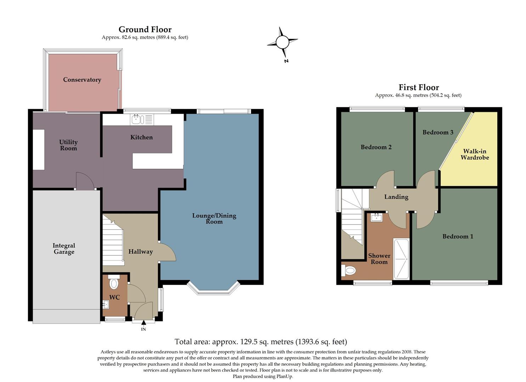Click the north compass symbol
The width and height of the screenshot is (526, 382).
tap(282, 43)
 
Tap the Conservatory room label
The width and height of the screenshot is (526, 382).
tap(82, 80)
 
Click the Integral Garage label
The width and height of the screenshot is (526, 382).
tap(64, 249)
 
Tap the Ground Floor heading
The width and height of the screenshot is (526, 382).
tap(145, 29)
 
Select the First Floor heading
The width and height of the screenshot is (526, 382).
tap(419, 87)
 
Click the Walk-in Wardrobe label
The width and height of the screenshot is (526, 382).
tap(475, 154)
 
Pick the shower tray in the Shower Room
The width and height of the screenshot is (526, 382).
tap(401, 259)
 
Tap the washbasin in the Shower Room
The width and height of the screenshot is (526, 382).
tap(376, 217)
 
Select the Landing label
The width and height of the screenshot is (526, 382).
tap(396, 197)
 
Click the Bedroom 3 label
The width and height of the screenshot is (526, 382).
tap(438, 132)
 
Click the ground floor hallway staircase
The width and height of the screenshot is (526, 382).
tap(113, 242)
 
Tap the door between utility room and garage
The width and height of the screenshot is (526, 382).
tap(85, 181)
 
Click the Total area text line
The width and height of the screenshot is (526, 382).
tap(261, 342)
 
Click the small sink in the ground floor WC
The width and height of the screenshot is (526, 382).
tap(106, 304)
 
